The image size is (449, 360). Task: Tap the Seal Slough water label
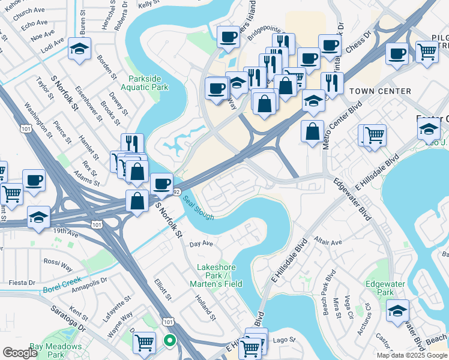198,208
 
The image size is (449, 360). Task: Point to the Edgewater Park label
384,287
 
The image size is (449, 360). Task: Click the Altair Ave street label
327,243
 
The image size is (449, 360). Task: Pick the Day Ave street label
201,244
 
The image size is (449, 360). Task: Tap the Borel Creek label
62,285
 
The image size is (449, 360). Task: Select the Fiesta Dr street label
19,283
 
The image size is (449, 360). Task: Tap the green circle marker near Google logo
170,341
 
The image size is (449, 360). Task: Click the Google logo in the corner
20,353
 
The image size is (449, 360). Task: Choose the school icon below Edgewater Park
397,311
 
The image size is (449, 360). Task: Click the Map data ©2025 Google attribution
412,355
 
